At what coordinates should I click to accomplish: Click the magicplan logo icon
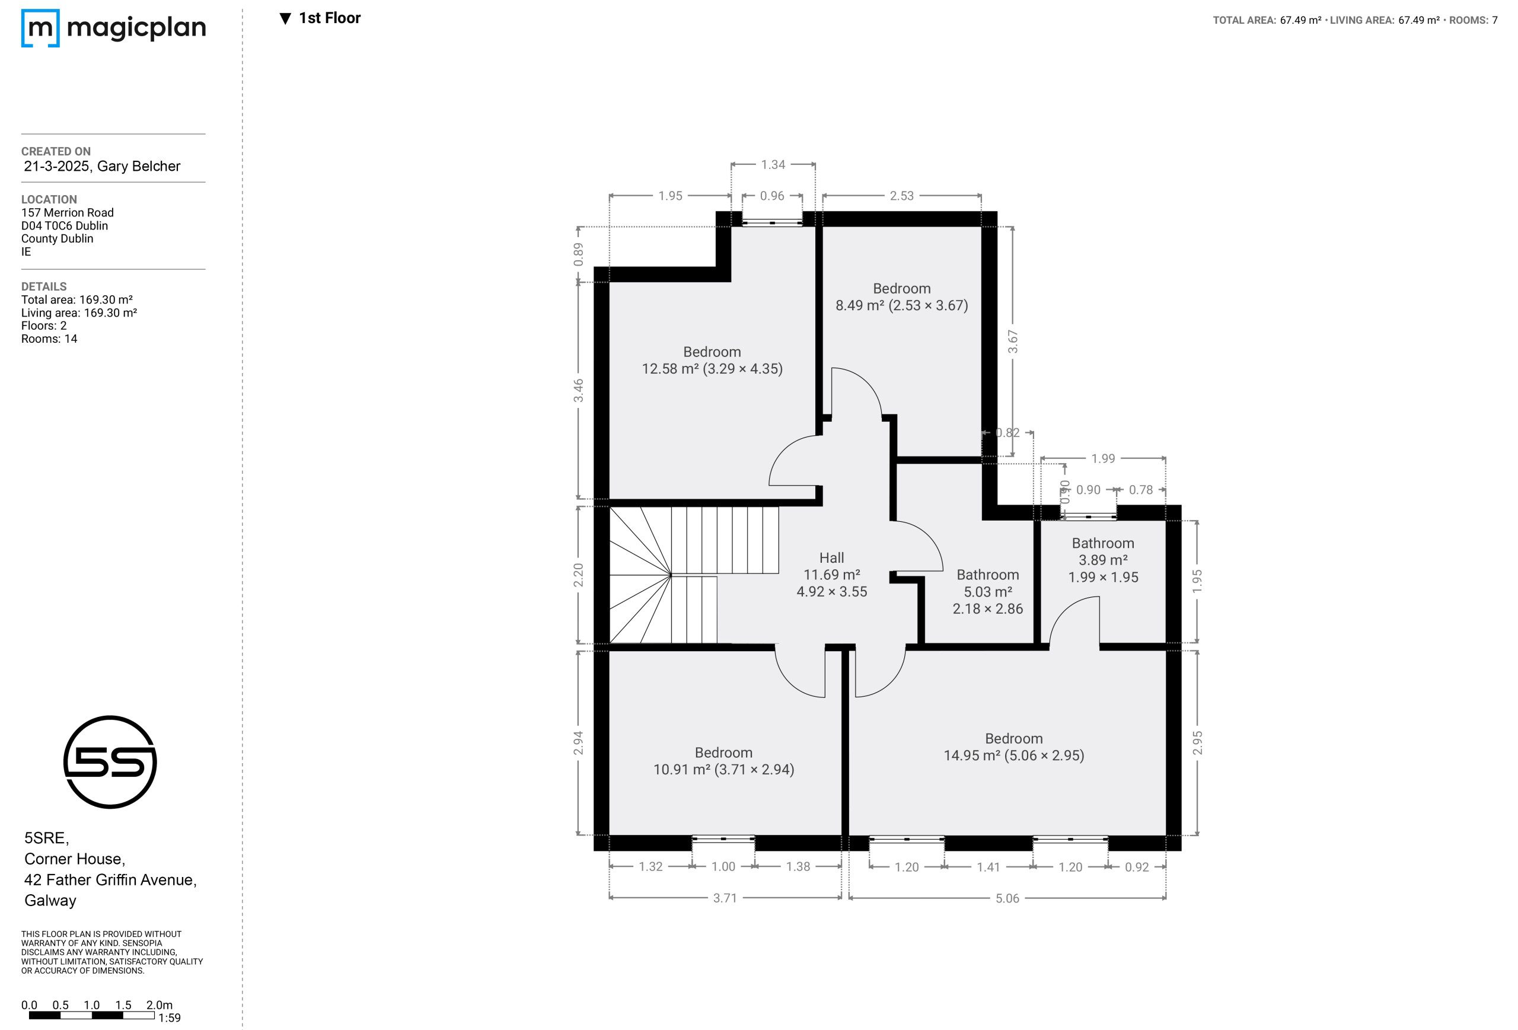(x=40, y=28)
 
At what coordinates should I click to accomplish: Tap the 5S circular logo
(x=110, y=761)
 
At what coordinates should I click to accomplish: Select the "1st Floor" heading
(x=320, y=18)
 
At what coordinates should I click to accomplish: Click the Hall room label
(x=831, y=558)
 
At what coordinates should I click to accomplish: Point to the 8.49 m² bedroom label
(x=901, y=297)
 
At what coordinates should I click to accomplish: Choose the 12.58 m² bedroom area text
(x=712, y=369)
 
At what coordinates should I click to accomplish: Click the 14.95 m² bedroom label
(x=1014, y=747)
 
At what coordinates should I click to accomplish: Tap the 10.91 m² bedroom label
(x=724, y=761)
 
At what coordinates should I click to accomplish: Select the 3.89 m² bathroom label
(x=1104, y=560)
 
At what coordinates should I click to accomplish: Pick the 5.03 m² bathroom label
(x=988, y=592)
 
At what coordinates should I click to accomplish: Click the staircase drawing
(x=694, y=575)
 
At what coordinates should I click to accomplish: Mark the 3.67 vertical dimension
(x=1012, y=342)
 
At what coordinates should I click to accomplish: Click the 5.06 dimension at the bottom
(x=1007, y=898)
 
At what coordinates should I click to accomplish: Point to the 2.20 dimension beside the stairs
(x=578, y=575)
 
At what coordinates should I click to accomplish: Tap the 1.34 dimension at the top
(x=773, y=165)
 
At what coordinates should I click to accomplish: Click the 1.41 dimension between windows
(x=988, y=867)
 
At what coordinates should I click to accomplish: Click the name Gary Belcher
(x=139, y=167)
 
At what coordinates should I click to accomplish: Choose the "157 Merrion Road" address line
(x=67, y=212)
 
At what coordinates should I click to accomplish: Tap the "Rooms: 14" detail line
(x=49, y=339)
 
